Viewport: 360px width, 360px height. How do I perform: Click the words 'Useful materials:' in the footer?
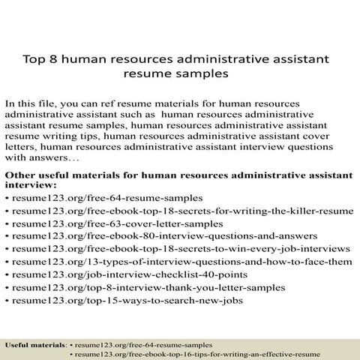click(35, 344)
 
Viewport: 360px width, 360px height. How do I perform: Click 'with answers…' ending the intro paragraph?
click(42, 159)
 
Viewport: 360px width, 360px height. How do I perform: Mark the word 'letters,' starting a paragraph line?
click(21, 148)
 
